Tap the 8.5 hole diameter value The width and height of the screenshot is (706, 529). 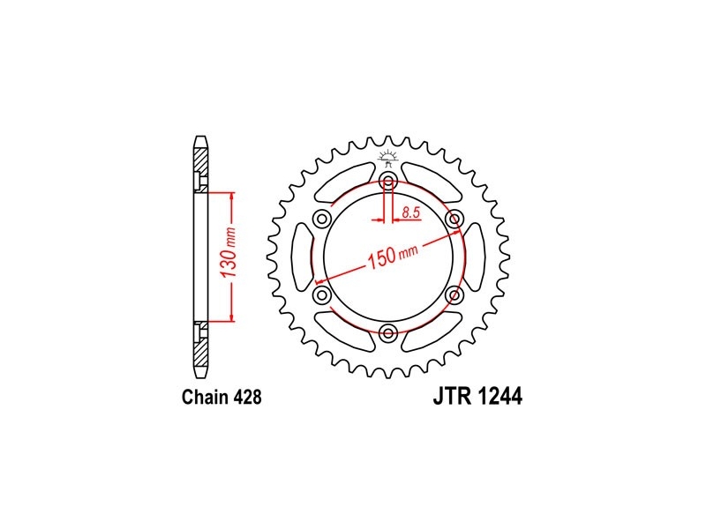click(x=411, y=212)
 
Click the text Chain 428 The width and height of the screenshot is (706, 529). click(x=222, y=398)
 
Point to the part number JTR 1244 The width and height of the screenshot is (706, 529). click(x=477, y=397)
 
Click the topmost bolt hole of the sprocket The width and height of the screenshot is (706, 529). click(x=387, y=183)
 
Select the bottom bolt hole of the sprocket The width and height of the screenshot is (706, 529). click(x=387, y=333)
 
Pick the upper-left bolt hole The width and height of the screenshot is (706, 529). click(x=322, y=220)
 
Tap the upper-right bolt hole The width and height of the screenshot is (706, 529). click(x=454, y=220)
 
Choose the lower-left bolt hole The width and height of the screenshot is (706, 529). click(x=322, y=295)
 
